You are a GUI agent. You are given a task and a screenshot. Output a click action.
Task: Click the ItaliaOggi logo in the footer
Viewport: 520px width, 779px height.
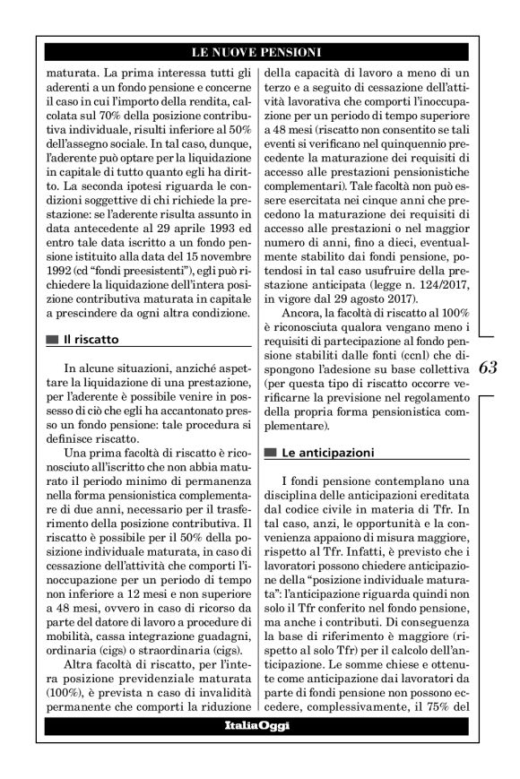pyautogui.click(x=258, y=724)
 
